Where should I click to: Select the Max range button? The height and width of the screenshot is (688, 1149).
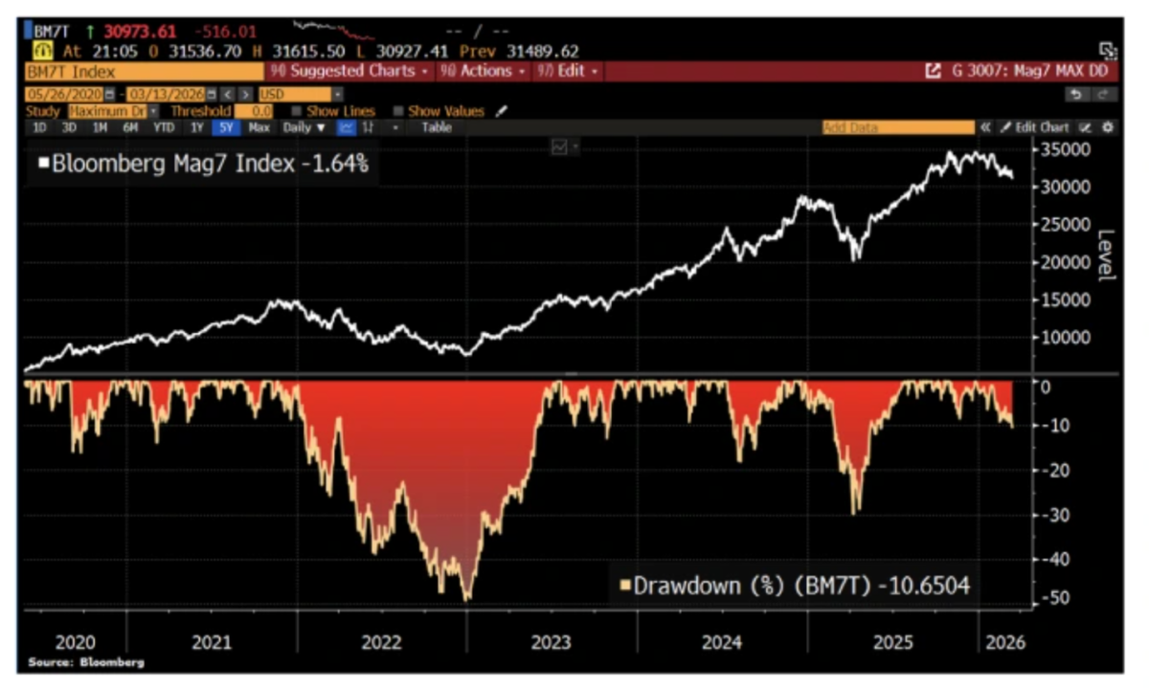click(259, 127)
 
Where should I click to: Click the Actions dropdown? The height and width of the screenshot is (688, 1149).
click(484, 71)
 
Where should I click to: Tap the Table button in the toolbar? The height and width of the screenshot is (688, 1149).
click(437, 127)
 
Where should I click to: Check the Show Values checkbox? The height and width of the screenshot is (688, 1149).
click(398, 111)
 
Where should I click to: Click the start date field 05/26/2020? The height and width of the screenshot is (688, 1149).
click(63, 95)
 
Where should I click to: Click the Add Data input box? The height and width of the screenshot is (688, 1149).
click(897, 127)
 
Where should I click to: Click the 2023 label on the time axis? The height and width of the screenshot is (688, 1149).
click(552, 643)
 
